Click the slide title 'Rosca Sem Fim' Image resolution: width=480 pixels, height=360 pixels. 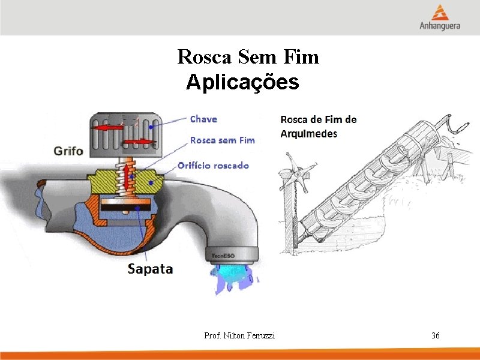coord(248,57)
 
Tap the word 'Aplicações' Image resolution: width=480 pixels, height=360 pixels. coord(242,82)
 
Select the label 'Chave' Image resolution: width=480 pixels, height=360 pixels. coord(203,119)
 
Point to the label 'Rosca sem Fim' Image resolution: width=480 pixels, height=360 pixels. coord(222,140)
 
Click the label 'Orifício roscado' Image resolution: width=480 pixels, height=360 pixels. coord(213,165)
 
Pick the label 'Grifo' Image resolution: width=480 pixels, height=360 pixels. coord(68,150)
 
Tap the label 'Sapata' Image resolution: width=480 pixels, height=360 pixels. coord(150,269)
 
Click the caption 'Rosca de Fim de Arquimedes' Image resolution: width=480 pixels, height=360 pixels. coord(318,127)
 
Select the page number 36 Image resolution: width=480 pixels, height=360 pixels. coord(436,335)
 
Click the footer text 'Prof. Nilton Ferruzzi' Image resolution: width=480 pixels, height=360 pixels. coord(239,336)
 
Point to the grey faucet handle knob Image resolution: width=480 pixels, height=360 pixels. coord(124,133)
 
